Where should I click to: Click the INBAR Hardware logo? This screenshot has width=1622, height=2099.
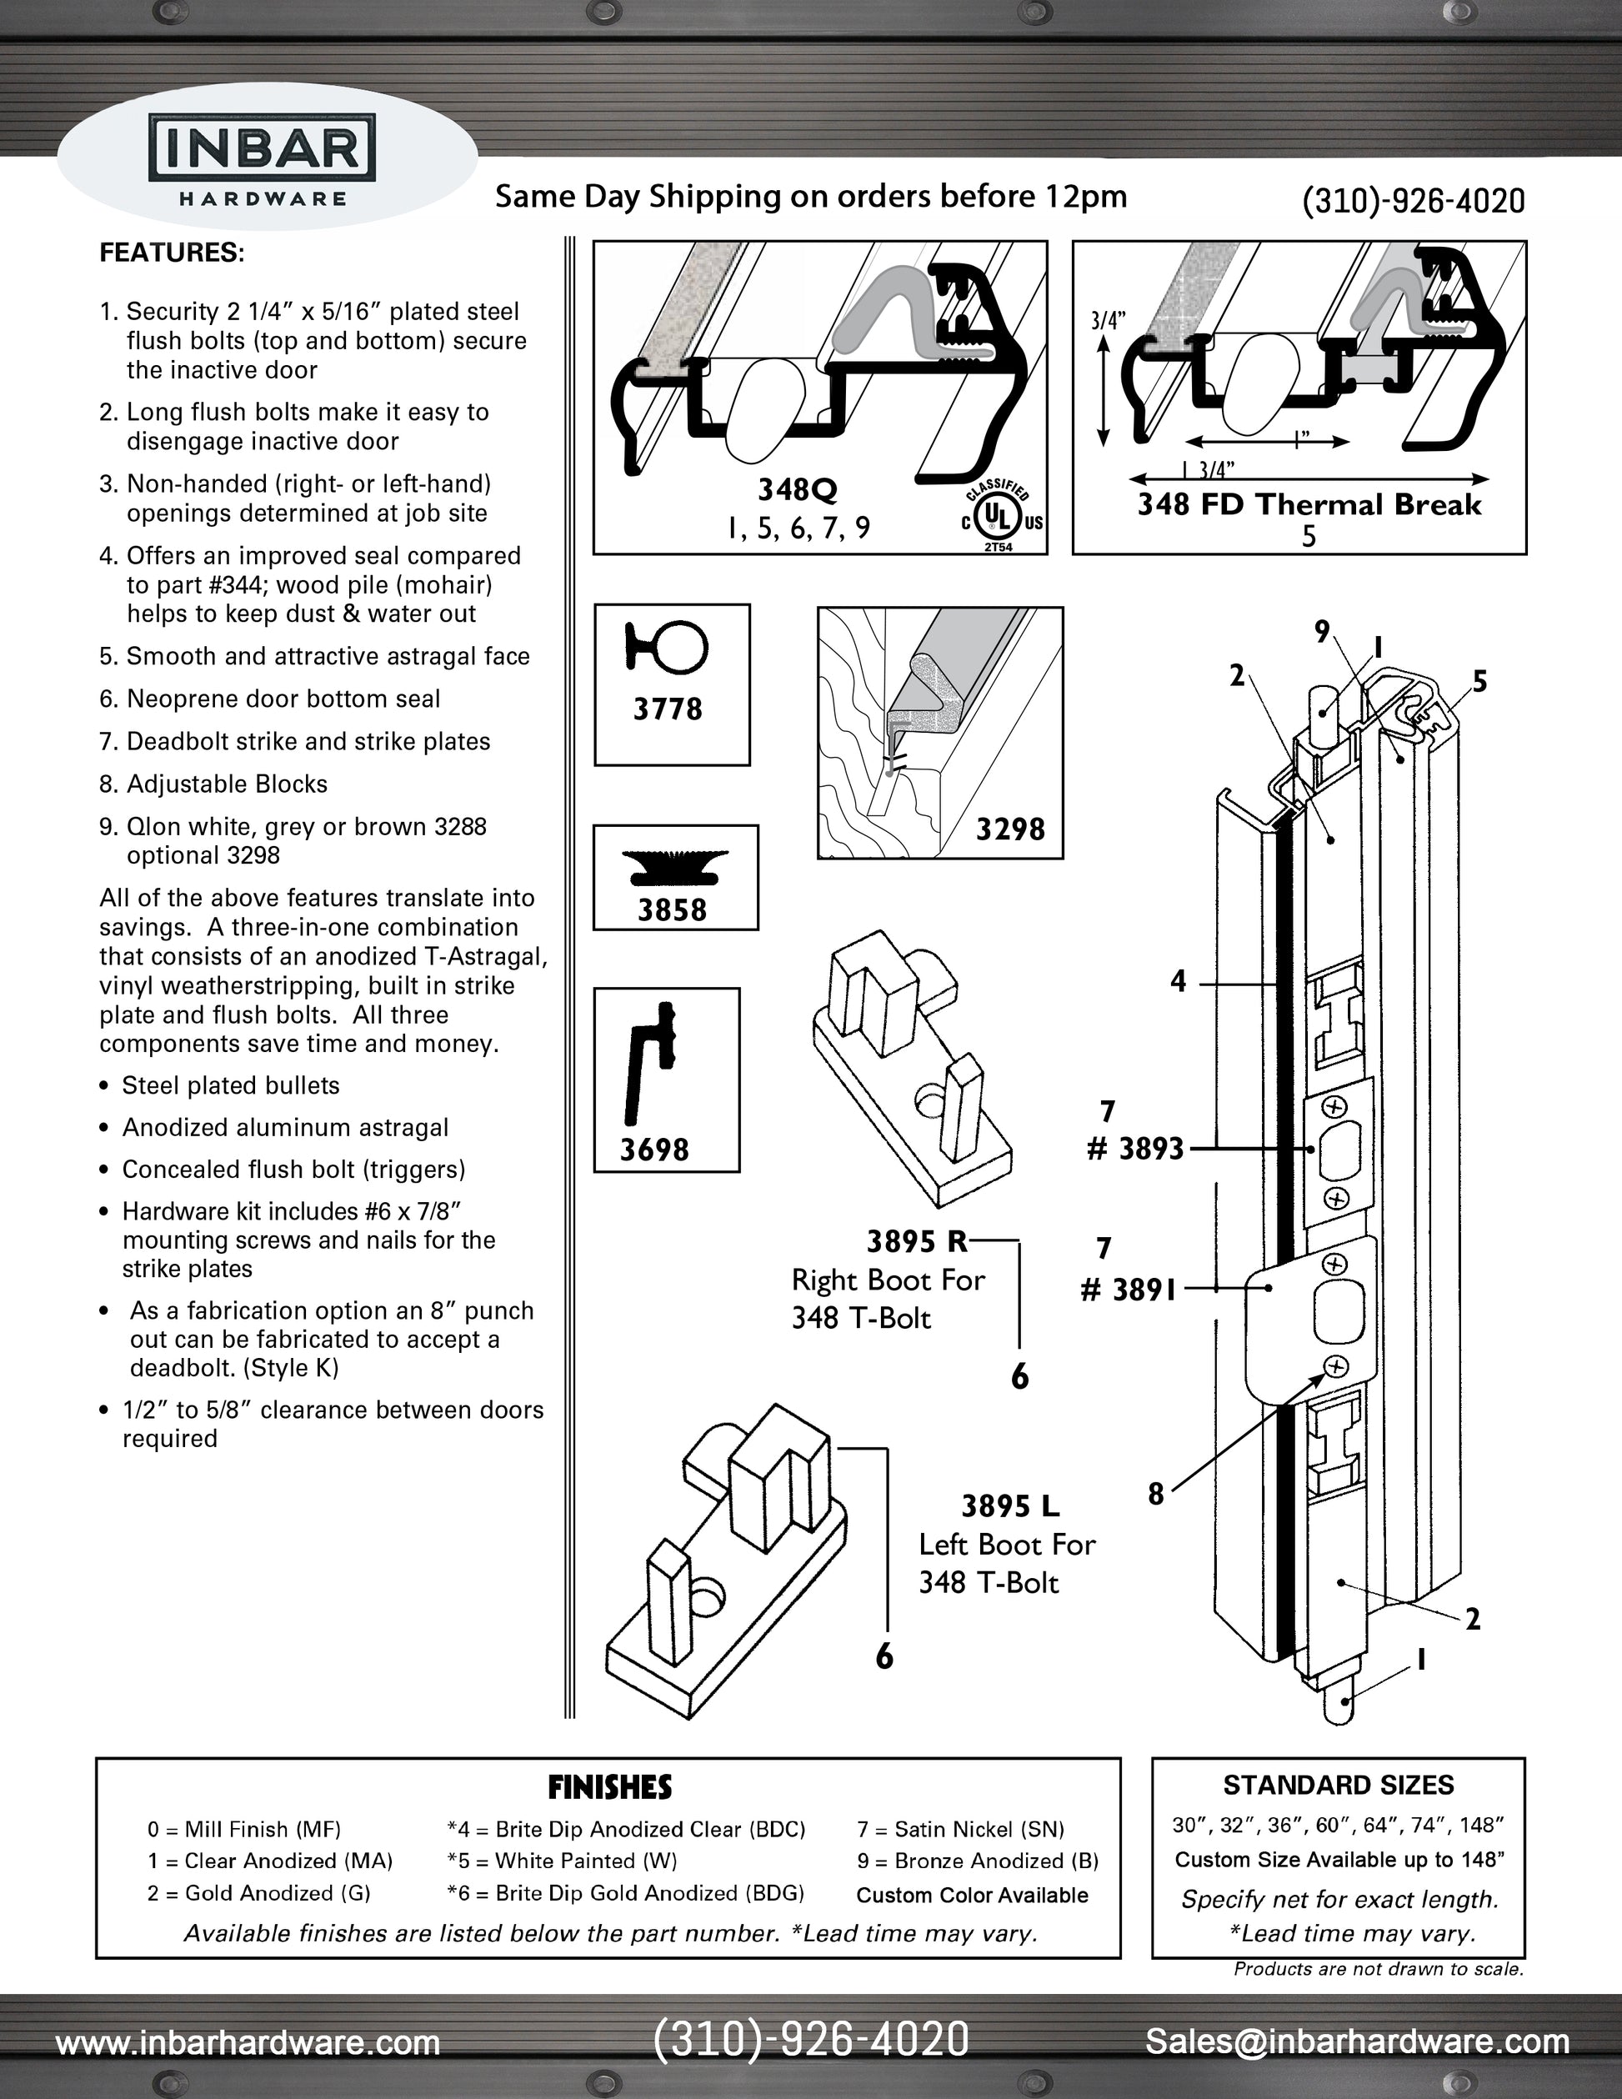tap(263, 159)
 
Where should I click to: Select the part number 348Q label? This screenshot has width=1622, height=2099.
tap(798, 490)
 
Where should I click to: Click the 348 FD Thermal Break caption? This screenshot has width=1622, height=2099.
tap(1309, 505)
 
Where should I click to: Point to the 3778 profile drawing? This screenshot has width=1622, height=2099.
tap(668, 645)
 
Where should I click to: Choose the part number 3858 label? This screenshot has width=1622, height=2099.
tap(672, 909)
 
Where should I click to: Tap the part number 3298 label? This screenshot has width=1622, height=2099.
tap(1010, 829)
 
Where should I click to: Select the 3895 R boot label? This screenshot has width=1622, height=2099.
tap(917, 1242)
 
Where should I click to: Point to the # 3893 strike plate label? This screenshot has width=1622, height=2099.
tap(1135, 1149)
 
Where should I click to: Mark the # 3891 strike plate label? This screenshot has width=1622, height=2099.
tap(1129, 1289)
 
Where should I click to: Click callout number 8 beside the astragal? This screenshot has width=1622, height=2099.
tap(1156, 1494)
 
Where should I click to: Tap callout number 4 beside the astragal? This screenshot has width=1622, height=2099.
tap(1178, 981)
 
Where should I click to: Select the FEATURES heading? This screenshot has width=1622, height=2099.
tap(172, 253)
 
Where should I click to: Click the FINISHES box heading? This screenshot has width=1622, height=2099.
tap(609, 1787)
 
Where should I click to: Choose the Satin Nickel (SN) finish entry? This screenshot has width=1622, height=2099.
tap(960, 1829)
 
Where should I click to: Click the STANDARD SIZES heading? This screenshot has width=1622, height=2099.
tap(1338, 1786)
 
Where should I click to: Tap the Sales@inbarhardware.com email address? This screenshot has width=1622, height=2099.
tap(1357, 2041)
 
